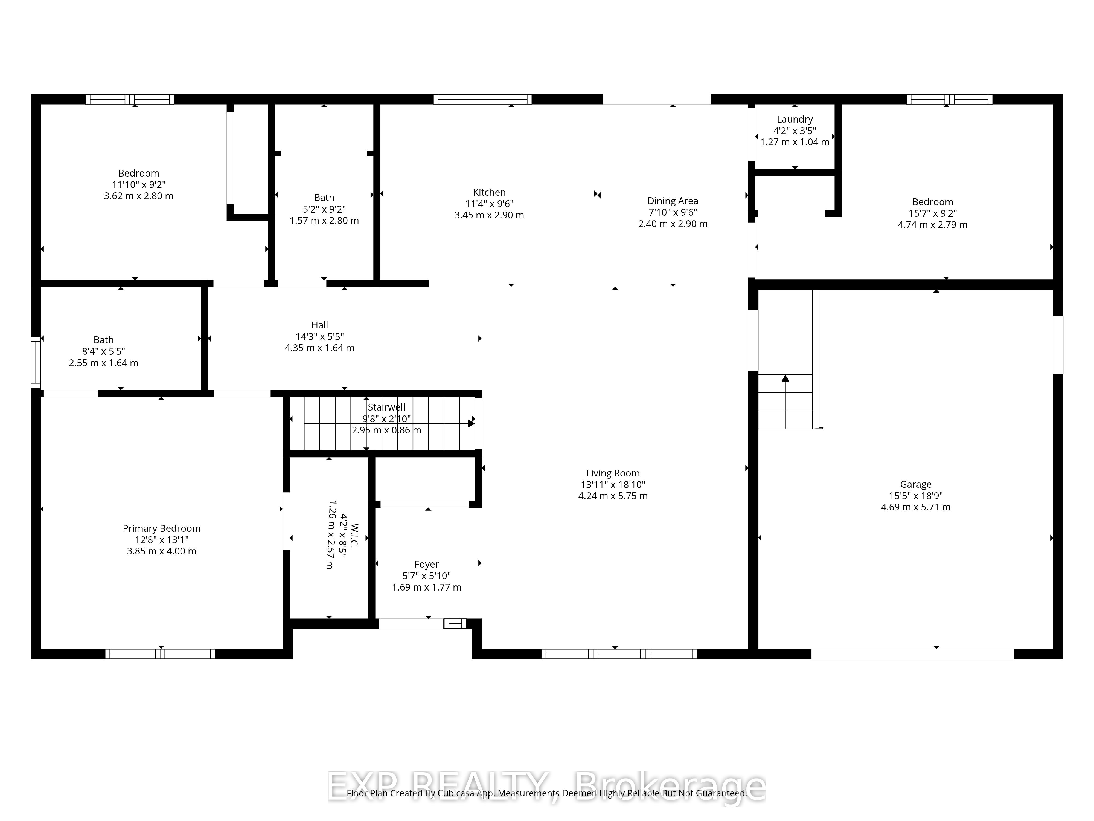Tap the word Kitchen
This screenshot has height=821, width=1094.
pyautogui.click(x=489, y=192)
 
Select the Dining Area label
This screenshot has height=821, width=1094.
pyautogui.click(x=673, y=201)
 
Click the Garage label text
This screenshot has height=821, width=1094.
pyautogui.click(x=915, y=484)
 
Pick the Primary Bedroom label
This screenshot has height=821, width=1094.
pyautogui.click(x=162, y=528)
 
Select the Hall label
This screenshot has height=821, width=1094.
pyautogui.click(x=319, y=325)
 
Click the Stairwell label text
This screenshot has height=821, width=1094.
pyautogui.click(x=386, y=407)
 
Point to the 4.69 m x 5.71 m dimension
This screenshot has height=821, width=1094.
pyautogui.click(x=915, y=507)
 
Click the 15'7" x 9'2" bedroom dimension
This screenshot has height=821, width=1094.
pyautogui.click(x=932, y=213)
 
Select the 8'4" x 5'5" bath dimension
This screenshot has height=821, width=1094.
pyautogui.click(x=103, y=351)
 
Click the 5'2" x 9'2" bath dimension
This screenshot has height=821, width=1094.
pyautogui.click(x=324, y=209)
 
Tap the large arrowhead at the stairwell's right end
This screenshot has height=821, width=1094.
pyautogui.click(x=471, y=423)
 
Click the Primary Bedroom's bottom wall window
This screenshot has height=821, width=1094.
pyautogui.click(x=160, y=654)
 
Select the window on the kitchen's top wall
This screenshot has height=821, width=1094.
pyautogui.click(x=483, y=99)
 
